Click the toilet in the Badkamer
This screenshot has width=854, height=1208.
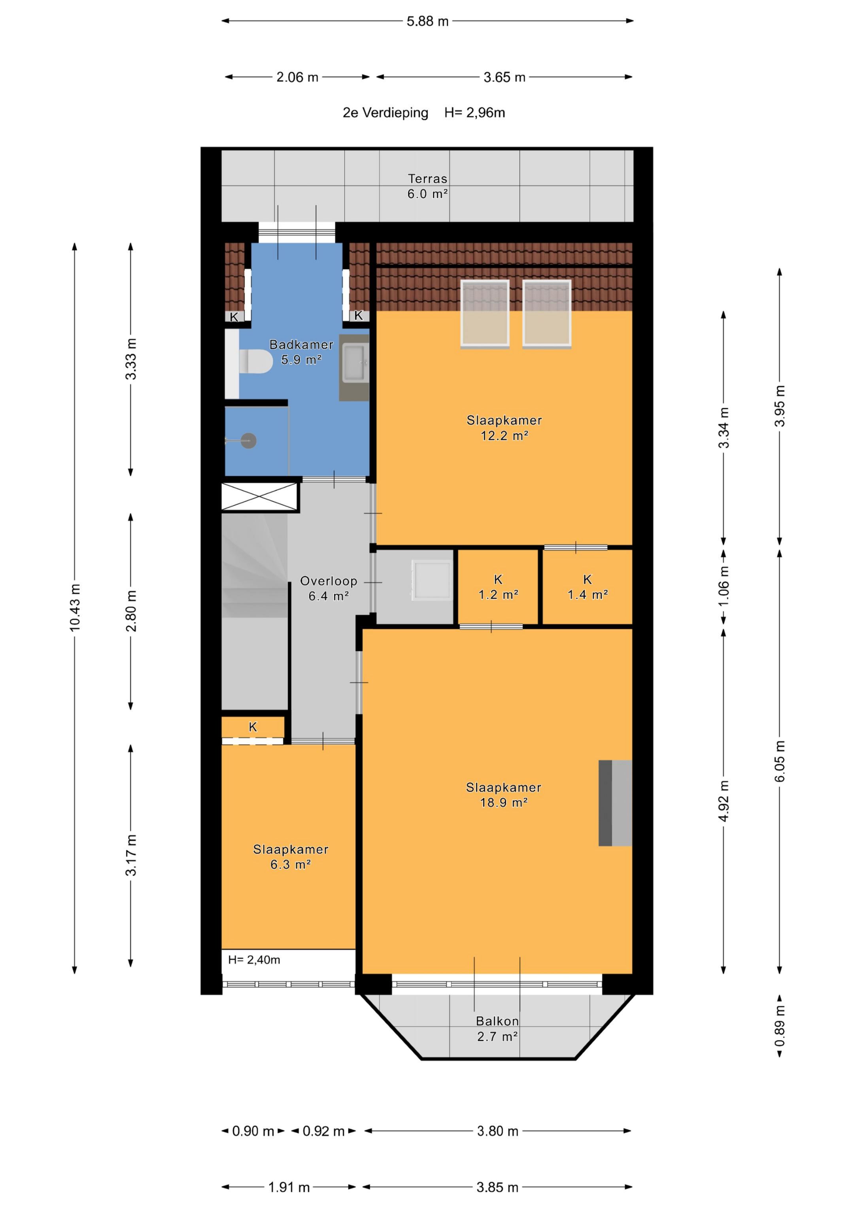coord(256,361)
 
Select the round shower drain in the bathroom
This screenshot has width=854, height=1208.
coord(248,441)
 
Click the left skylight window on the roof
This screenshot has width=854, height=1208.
coord(485,314)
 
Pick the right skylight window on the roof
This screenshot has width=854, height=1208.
coord(547,314)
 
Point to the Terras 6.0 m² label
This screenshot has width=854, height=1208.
coord(427,186)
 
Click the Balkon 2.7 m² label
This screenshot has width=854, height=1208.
coord(497,1028)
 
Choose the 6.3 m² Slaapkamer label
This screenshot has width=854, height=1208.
coord(291,856)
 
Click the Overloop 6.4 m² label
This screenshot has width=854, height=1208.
coord(328,588)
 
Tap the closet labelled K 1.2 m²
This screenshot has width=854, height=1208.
coord(498,587)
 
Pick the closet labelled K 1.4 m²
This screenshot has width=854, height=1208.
coord(587,587)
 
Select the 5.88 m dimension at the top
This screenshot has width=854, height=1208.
coord(427,21)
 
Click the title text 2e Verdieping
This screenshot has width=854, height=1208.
coord(386,113)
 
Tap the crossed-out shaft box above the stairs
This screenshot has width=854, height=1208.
coord(260,497)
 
